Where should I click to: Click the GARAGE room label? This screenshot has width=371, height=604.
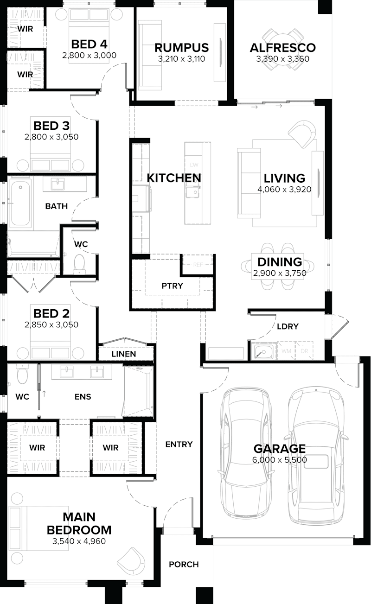(279, 448)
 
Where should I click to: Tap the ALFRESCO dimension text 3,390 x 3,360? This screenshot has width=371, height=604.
(282, 59)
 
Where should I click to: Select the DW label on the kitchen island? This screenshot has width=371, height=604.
(194, 165)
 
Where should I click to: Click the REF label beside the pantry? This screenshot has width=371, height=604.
(198, 265)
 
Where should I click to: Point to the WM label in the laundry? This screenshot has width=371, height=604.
(286, 351)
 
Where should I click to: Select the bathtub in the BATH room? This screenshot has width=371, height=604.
(21, 204)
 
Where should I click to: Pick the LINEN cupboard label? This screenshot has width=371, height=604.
(124, 354)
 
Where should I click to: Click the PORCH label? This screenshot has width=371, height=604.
(184, 564)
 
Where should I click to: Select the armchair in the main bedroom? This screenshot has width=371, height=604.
(131, 562)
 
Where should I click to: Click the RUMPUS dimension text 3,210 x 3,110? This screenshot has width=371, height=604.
(181, 59)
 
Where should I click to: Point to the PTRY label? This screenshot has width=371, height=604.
(173, 286)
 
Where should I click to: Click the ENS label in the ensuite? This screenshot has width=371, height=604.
(83, 396)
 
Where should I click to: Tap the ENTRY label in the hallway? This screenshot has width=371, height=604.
(179, 444)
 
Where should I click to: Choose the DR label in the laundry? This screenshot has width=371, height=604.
(304, 351)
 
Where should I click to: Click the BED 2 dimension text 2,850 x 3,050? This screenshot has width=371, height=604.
(51, 324)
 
